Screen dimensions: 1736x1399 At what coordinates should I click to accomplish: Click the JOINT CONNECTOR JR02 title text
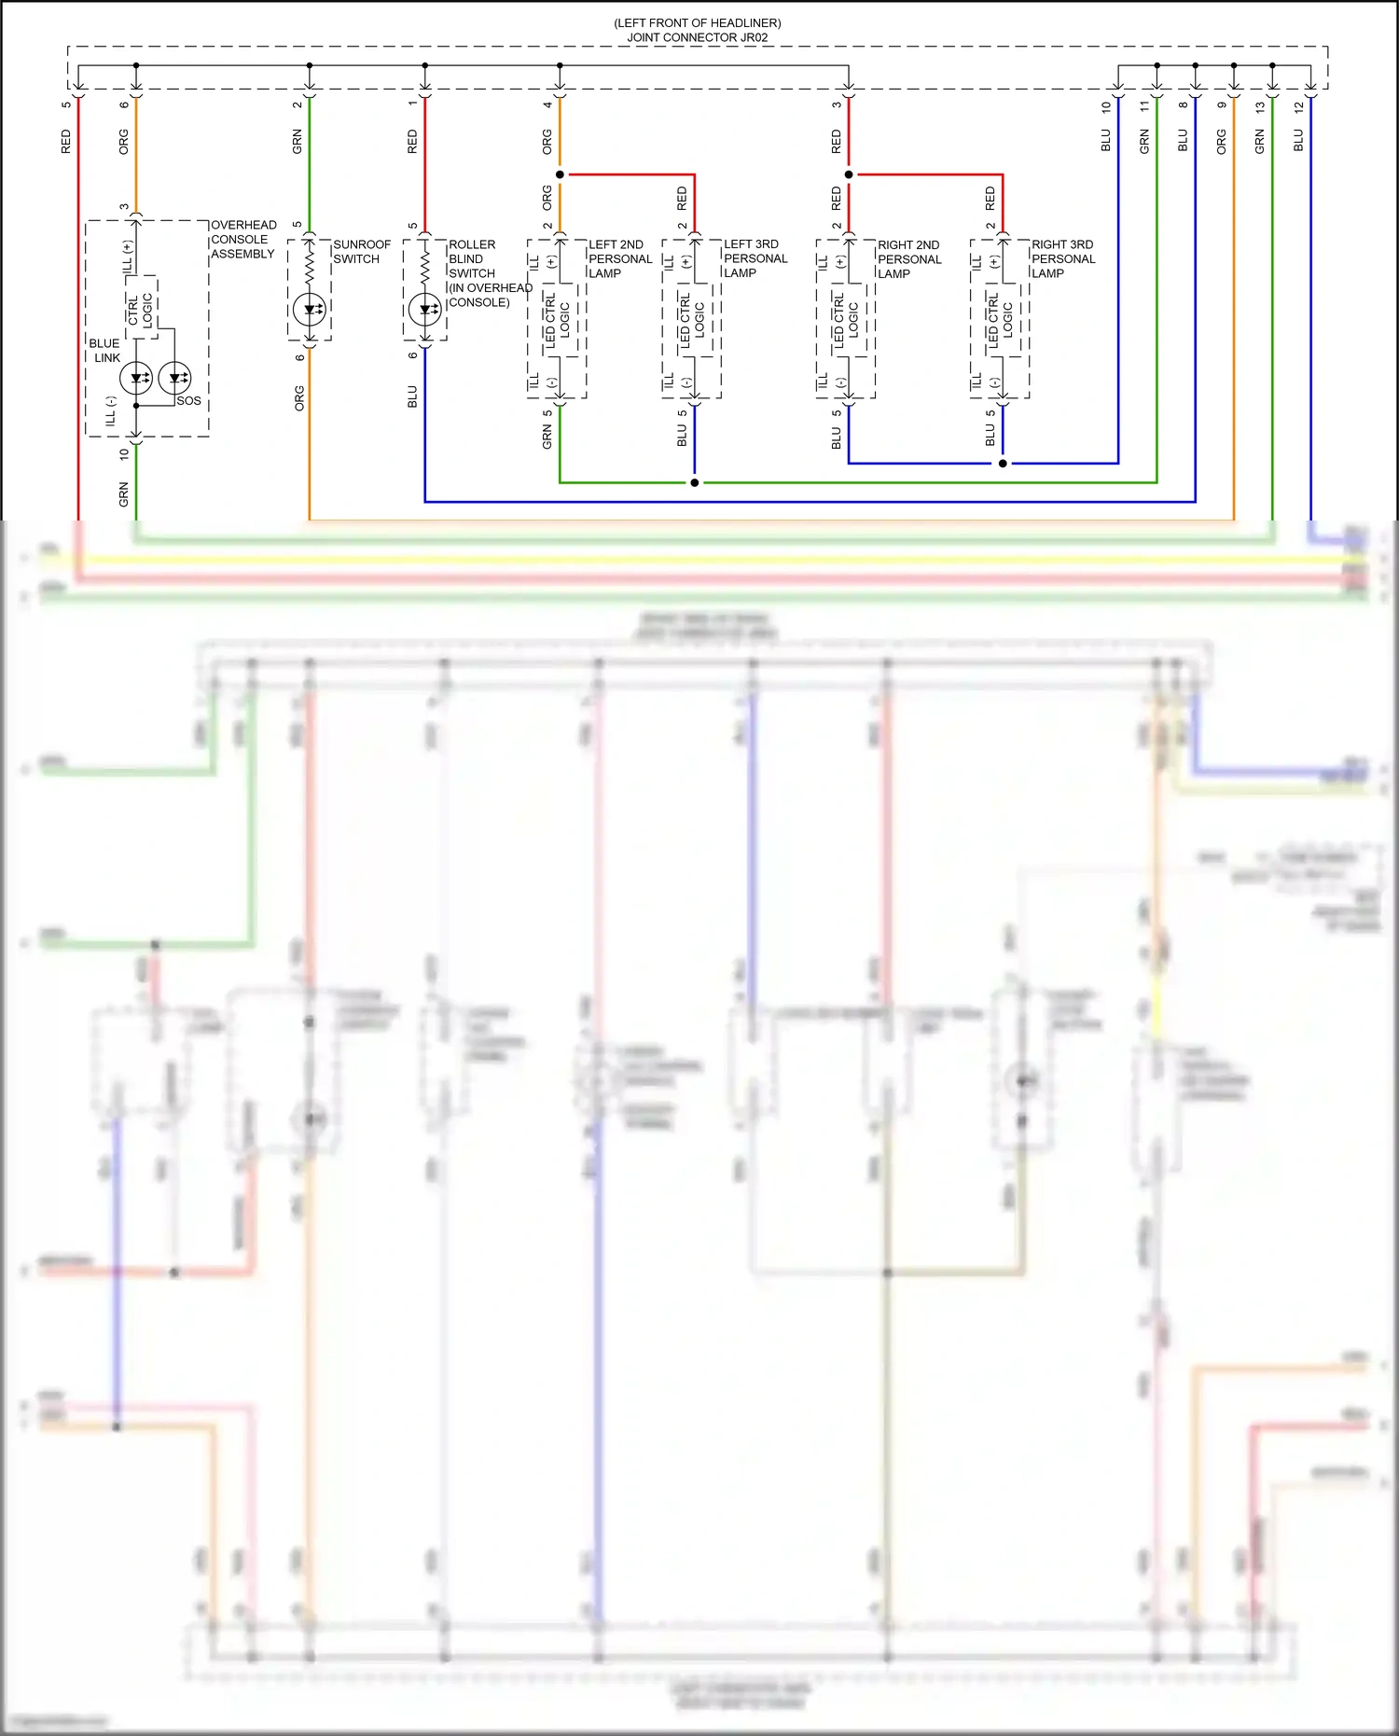(x=697, y=37)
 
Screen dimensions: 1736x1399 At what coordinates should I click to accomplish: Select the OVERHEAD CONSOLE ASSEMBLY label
(x=242, y=239)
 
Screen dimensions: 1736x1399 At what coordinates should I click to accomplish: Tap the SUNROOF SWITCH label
(x=361, y=252)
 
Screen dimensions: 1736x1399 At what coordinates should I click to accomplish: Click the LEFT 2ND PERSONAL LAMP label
(x=619, y=258)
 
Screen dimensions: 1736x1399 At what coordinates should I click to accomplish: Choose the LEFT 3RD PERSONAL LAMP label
(x=755, y=258)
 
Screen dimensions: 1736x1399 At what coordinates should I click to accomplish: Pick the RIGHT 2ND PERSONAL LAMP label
(x=908, y=259)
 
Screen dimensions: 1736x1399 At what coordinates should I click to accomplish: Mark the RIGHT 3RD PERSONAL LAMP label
(x=1062, y=258)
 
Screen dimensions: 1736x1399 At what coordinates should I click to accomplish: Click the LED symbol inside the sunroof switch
(x=310, y=309)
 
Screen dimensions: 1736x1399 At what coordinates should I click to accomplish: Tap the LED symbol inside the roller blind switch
(x=425, y=309)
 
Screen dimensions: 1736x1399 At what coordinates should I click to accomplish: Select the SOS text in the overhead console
(x=188, y=401)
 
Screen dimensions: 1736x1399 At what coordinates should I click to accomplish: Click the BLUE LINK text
(x=104, y=351)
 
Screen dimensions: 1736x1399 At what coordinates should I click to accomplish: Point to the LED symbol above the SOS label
(x=175, y=378)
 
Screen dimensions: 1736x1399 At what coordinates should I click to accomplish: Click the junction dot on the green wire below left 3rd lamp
(x=695, y=482)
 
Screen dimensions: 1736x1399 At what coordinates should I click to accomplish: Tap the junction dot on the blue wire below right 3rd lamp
(x=1003, y=463)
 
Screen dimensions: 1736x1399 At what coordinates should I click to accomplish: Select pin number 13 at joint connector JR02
(x=1260, y=107)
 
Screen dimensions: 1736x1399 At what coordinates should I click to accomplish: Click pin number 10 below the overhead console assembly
(x=124, y=454)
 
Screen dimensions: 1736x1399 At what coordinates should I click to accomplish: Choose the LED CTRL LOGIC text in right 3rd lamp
(x=1001, y=320)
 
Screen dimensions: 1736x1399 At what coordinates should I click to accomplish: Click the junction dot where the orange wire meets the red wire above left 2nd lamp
(x=560, y=174)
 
